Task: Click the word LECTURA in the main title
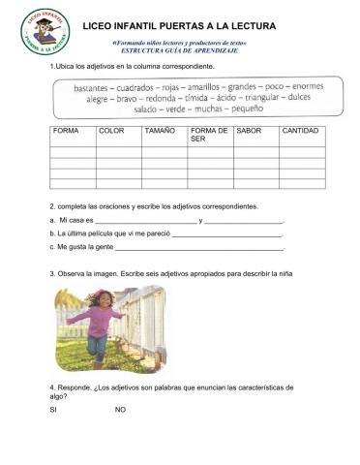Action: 248,25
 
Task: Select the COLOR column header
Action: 111,130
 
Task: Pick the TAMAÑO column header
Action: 160,130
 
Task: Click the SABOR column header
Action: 249,130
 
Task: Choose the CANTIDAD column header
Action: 299,130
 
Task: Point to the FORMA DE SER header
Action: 209,134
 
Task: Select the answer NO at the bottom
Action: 120,409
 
